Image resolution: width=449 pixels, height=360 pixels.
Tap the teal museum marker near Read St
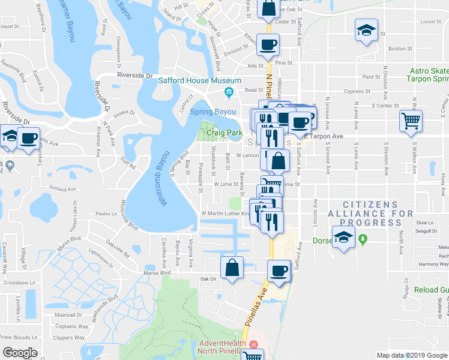click(228, 92)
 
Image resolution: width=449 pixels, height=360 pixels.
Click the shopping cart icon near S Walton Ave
click(411, 121)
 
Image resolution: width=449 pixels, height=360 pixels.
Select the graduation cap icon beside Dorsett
click(344, 235)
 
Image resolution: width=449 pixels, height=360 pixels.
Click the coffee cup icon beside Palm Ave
click(28, 139)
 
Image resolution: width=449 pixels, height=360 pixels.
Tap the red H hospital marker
click(254, 344)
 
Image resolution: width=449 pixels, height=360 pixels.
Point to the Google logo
click(20, 352)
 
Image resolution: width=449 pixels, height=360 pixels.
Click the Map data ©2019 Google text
click(411, 355)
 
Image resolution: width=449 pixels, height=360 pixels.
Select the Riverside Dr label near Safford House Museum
click(135, 76)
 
